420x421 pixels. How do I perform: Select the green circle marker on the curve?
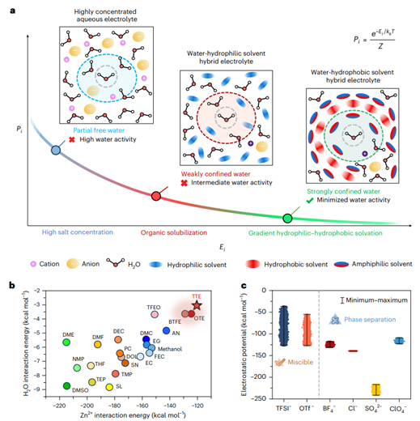pos(286,218)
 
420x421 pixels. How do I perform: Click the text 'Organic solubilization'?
pos(176,232)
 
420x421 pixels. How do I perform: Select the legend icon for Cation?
pos(32,264)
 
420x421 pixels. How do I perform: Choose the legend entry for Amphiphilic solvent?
pos(353,264)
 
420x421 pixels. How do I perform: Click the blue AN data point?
pos(167,330)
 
